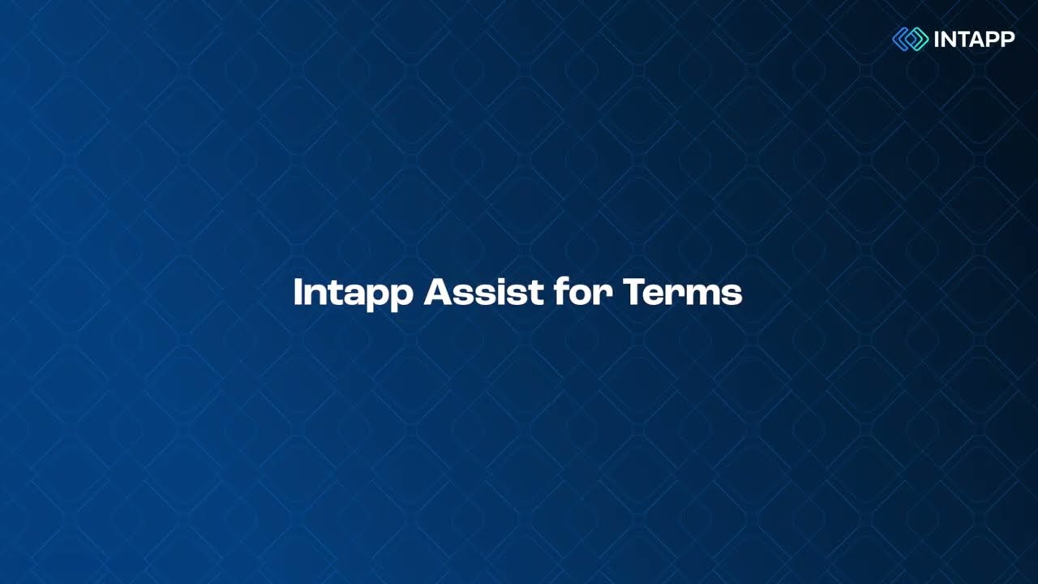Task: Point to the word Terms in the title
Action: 683,292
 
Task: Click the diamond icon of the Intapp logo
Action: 910,39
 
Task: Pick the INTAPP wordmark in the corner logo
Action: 974,39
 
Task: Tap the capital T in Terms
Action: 634,292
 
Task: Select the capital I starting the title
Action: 298,292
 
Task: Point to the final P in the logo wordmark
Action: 1007,39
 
